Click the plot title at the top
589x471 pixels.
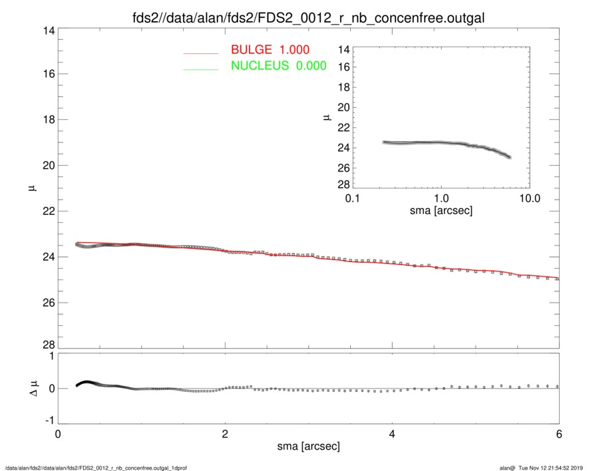[x=308, y=17]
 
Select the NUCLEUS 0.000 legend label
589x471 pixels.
[x=278, y=66]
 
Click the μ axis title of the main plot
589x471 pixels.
[x=29, y=188]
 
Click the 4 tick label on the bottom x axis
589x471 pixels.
[x=392, y=433]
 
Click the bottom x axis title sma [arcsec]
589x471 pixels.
[x=308, y=446]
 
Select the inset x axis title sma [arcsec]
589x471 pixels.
[x=441, y=212]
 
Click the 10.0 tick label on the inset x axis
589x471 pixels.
[x=529, y=199]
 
